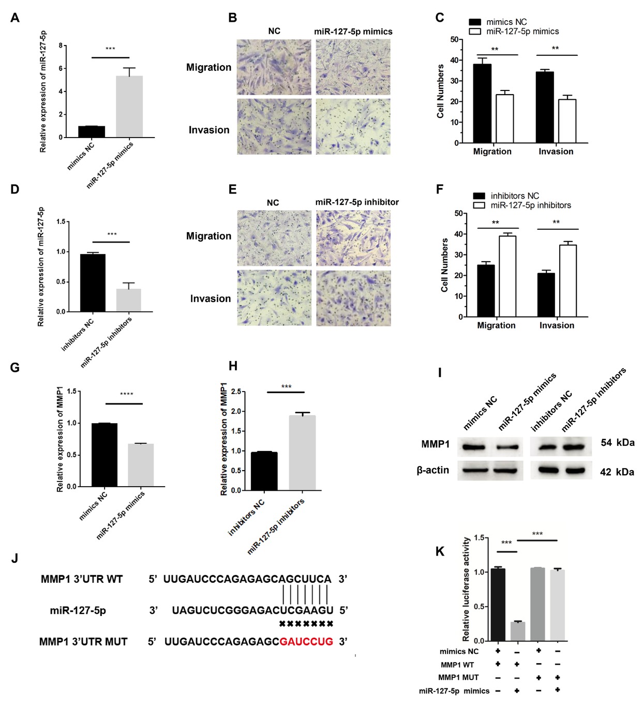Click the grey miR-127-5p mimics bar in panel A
pos(129,107)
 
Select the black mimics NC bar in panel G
pos(104,455)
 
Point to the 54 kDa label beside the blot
pos(617,443)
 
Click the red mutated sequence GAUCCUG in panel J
pos(306,642)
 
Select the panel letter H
pos(233,366)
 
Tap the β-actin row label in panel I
pos(433,470)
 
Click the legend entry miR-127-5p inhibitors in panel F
pos(530,205)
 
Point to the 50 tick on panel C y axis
pos(454,39)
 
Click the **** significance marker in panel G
pos(127,395)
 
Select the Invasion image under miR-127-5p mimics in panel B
pos(353,127)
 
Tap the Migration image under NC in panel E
pos(274,238)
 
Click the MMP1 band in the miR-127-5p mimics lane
pos(505,447)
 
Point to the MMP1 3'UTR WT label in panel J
pos(82,579)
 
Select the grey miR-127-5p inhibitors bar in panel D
pos(129,300)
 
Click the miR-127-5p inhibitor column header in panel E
pos(357,202)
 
